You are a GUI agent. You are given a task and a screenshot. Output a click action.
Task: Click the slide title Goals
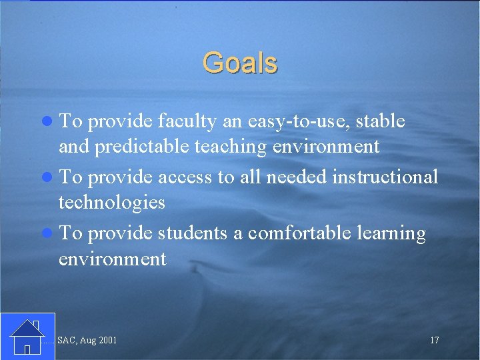tap(240, 63)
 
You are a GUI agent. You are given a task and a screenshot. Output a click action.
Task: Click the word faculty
tap(187, 122)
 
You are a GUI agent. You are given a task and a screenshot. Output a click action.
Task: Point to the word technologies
tap(111, 202)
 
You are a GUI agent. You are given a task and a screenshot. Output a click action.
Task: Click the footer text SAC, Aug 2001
tap(87, 341)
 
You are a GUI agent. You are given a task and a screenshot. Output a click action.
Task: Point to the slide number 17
tap(434, 341)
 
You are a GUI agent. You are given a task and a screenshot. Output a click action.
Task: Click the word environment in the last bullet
tap(112, 258)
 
